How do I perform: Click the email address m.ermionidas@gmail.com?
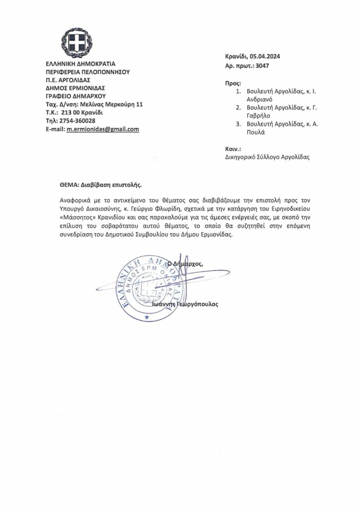103,129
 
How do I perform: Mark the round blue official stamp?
147,287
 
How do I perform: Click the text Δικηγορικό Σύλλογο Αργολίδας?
267,157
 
